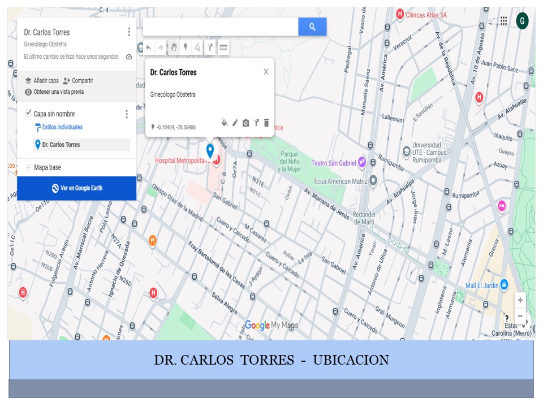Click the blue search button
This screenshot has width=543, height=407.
(312, 27)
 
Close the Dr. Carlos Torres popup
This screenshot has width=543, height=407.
(266, 72)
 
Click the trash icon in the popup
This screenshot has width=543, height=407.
(266, 123)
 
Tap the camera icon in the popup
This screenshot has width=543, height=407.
(245, 123)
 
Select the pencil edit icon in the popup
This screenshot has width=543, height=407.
(235, 123)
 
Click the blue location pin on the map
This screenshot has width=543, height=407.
(210, 150)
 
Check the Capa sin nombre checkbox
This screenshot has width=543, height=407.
(29, 114)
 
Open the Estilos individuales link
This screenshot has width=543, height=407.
(62, 127)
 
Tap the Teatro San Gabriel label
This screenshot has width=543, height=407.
(333, 163)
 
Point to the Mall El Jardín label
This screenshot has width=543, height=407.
(482, 285)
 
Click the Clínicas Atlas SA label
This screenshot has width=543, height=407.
(426, 15)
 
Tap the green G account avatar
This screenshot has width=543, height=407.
(522, 21)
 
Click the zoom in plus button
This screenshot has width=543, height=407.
(520, 300)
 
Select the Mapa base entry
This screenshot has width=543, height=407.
(47, 167)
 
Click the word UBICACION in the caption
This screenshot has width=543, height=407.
(351, 360)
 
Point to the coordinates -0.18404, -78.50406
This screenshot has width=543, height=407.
(176, 127)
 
